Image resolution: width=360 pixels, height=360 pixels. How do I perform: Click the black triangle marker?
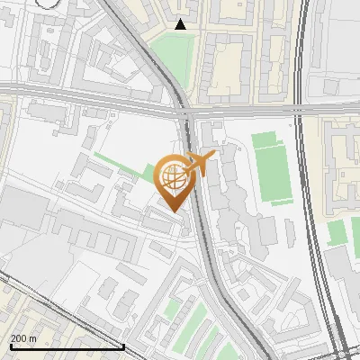click(x=181, y=24)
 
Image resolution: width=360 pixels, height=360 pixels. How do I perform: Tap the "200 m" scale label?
click(x=23, y=338)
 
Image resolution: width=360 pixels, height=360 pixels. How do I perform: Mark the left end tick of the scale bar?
click(x=11, y=346)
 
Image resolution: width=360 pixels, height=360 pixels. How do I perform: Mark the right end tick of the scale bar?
click(x=123, y=346)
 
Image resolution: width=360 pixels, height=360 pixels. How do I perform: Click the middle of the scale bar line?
click(x=67, y=346)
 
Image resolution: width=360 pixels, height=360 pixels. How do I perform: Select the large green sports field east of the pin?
click(x=272, y=167)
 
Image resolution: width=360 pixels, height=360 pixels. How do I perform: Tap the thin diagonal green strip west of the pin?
click(x=117, y=165)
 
